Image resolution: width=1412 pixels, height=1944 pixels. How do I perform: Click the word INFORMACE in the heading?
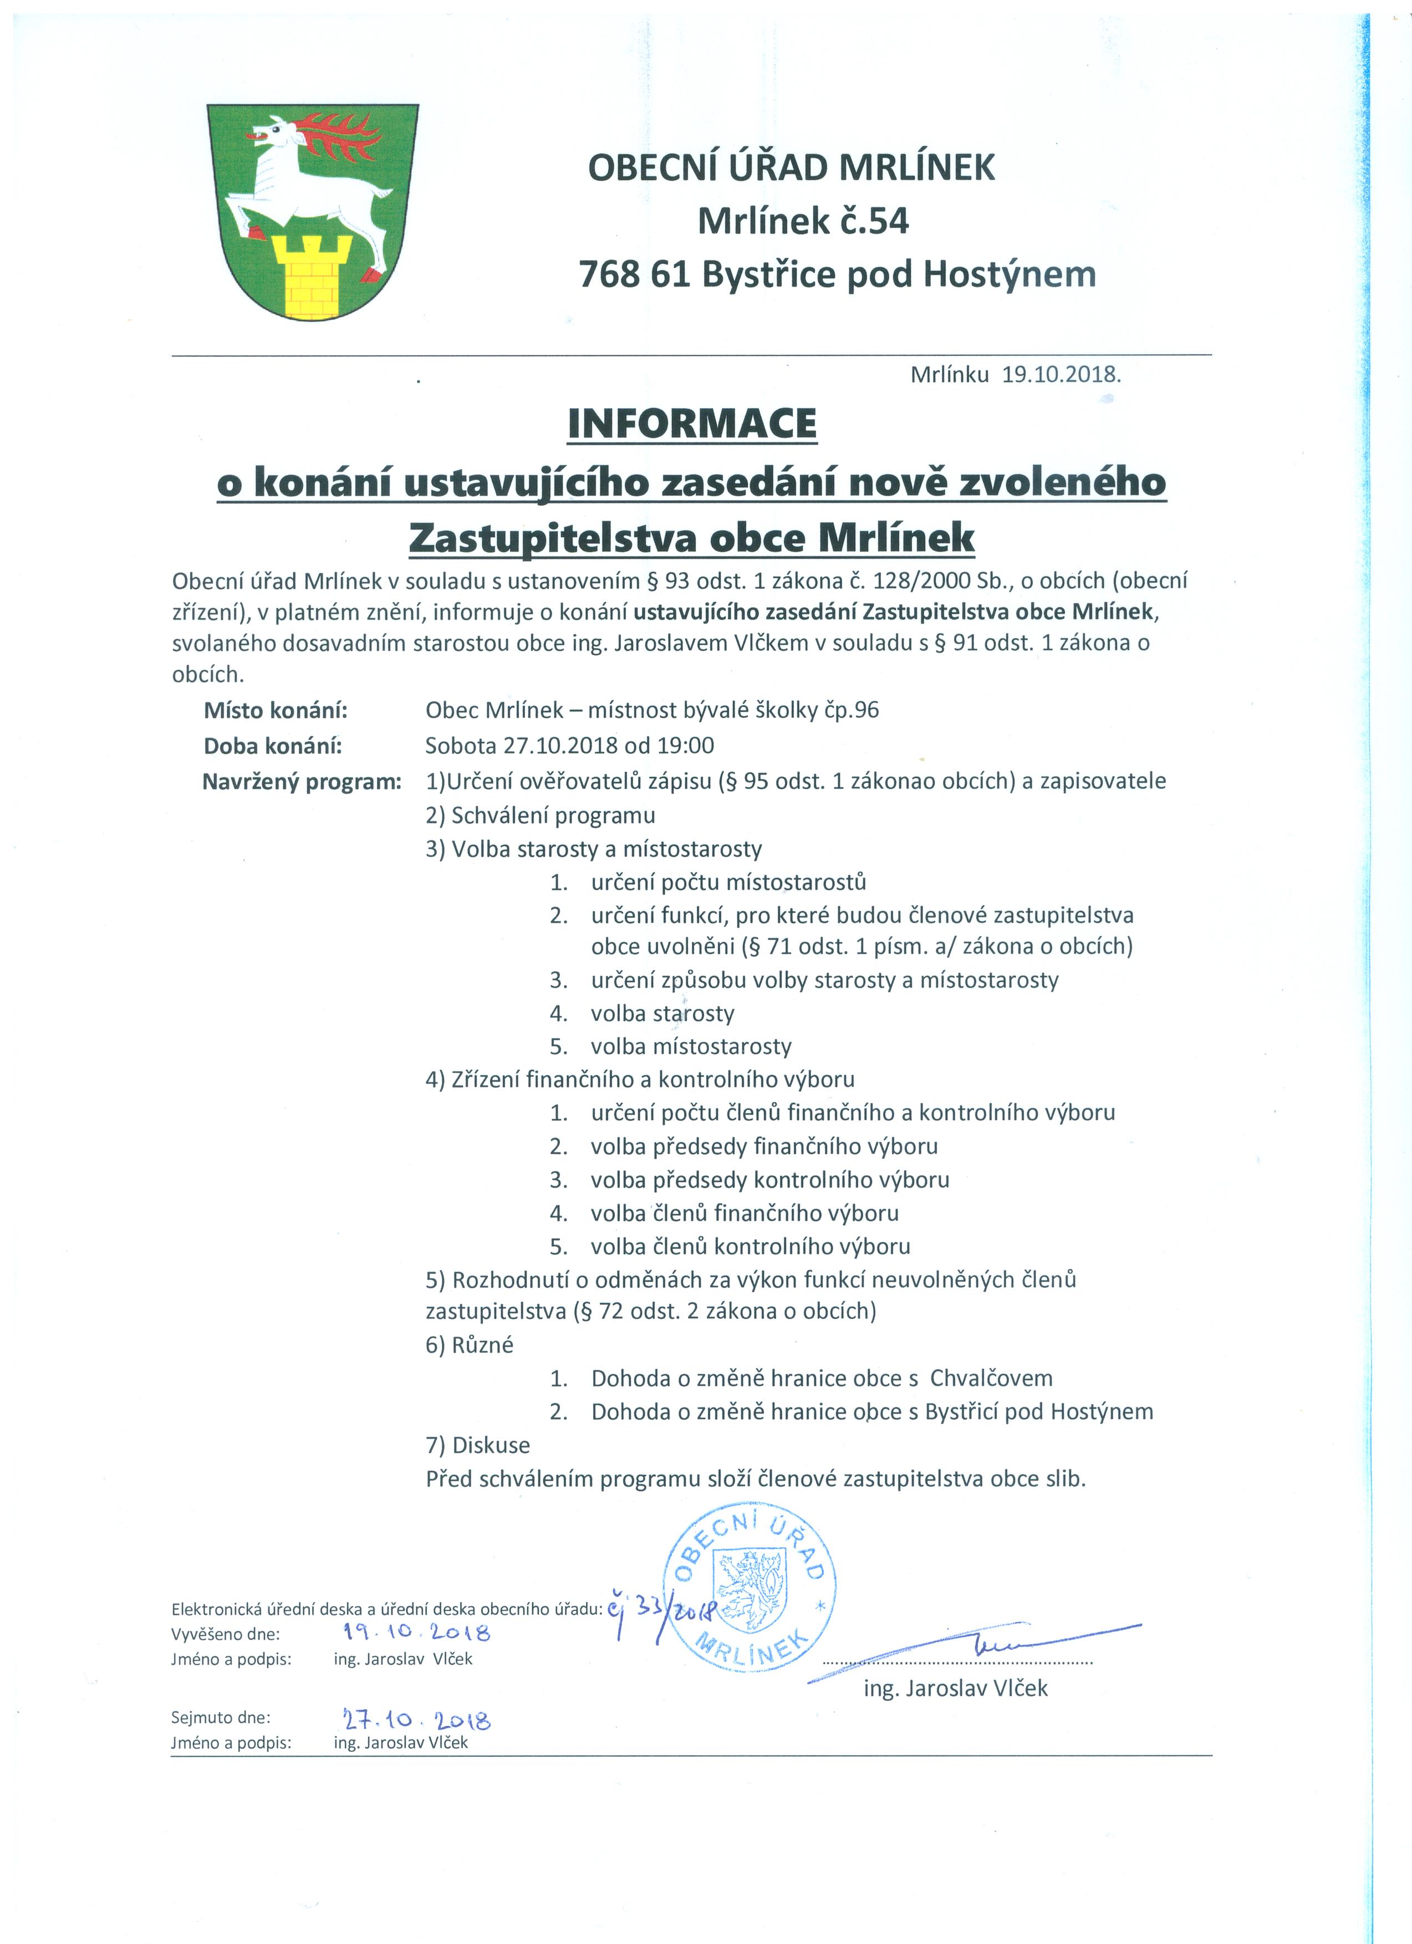pos(692,424)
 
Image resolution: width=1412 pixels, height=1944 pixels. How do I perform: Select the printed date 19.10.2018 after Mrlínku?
pos(1062,375)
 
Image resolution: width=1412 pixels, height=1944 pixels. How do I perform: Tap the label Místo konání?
pos(275,710)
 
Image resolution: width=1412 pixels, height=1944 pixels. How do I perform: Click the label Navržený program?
pos(302,781)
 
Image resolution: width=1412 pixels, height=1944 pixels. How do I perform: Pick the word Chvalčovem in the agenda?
pos(991,1378)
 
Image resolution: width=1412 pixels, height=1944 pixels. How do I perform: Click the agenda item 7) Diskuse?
pos(477,1445)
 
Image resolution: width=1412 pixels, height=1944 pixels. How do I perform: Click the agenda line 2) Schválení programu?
pos(540,815)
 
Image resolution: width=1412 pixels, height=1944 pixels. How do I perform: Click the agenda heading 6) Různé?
pos(469,1345)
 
